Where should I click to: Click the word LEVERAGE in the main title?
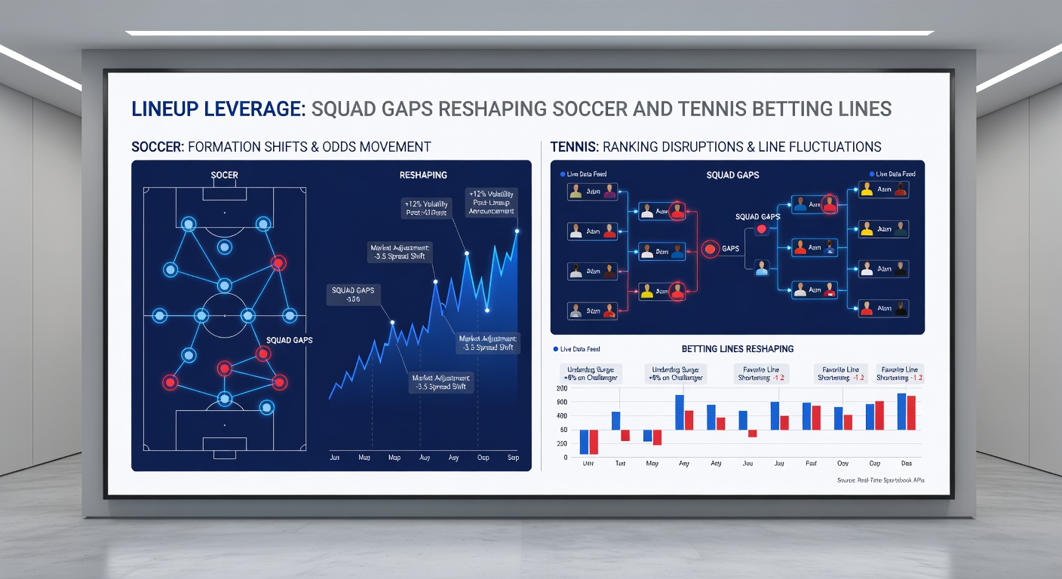[x=254, y=109]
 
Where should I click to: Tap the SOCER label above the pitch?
[x=224, y=175]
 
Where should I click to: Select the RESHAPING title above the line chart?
[x=422, y=175]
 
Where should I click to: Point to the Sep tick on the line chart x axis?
[x=513, y=458]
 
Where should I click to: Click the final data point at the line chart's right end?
[x=517, y=231]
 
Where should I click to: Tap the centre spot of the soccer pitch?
[x=224, y=315]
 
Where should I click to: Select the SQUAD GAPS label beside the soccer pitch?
[x=290, y=340]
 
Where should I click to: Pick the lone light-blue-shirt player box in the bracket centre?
[x=762, y=265]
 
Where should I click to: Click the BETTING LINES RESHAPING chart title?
[x=737, y=349]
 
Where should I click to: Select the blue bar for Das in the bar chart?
[x=901, y=412]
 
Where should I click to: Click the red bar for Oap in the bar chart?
[x=879, y=415]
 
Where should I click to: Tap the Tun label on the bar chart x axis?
[x=620, y=464]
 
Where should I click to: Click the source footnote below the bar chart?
[x=879, y=479]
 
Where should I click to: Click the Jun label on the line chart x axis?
[x=334, y=458]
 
